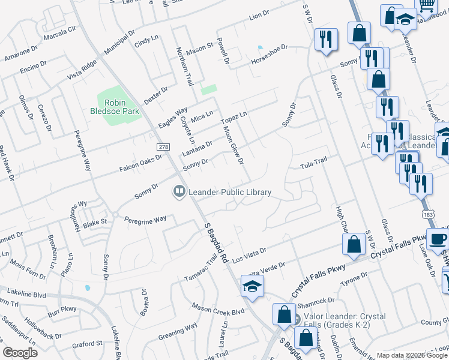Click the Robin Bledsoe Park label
coord(122,107)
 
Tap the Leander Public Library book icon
coord(178,192)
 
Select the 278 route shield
coord(163,147)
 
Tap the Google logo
coord(20,353)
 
